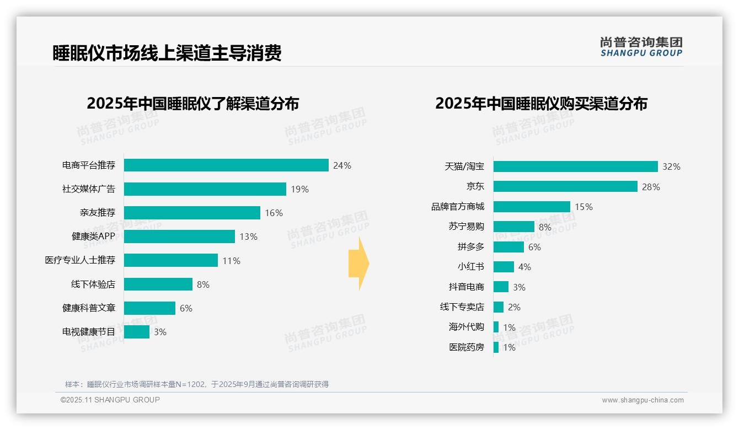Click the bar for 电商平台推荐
coord(226,165)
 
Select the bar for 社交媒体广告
coord(205,189)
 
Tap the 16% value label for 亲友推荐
coord(274,213)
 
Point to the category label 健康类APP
coord(93,237)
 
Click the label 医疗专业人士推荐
coord(80,260)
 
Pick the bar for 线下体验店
coord(158,284)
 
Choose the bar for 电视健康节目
coord(136,332)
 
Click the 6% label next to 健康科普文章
coord(186,308)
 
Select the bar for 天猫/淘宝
coord(575,166)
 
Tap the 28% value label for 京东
coord(651,187)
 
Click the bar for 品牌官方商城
coord(532,207)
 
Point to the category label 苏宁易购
coord(466,227)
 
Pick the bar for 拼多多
coord(508,247)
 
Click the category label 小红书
coord(470,267)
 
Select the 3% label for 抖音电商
coord(519,287)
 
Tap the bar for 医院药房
coord(496,347)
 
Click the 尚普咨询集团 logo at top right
coord(641,46)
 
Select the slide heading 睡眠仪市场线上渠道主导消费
coord(167,53)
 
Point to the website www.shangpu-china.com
coord(642,400)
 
